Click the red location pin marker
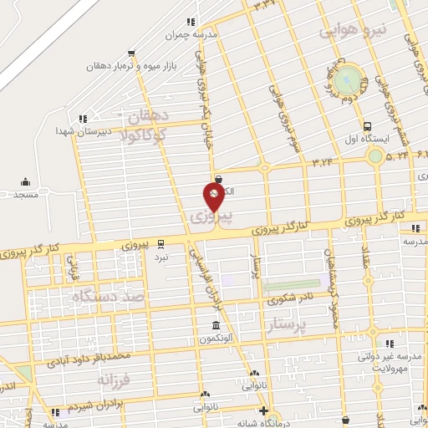215,196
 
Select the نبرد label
160,257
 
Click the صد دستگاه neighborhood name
109,296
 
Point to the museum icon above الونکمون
216,324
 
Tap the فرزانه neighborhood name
115,381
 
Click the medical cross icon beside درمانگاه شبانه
264,410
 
